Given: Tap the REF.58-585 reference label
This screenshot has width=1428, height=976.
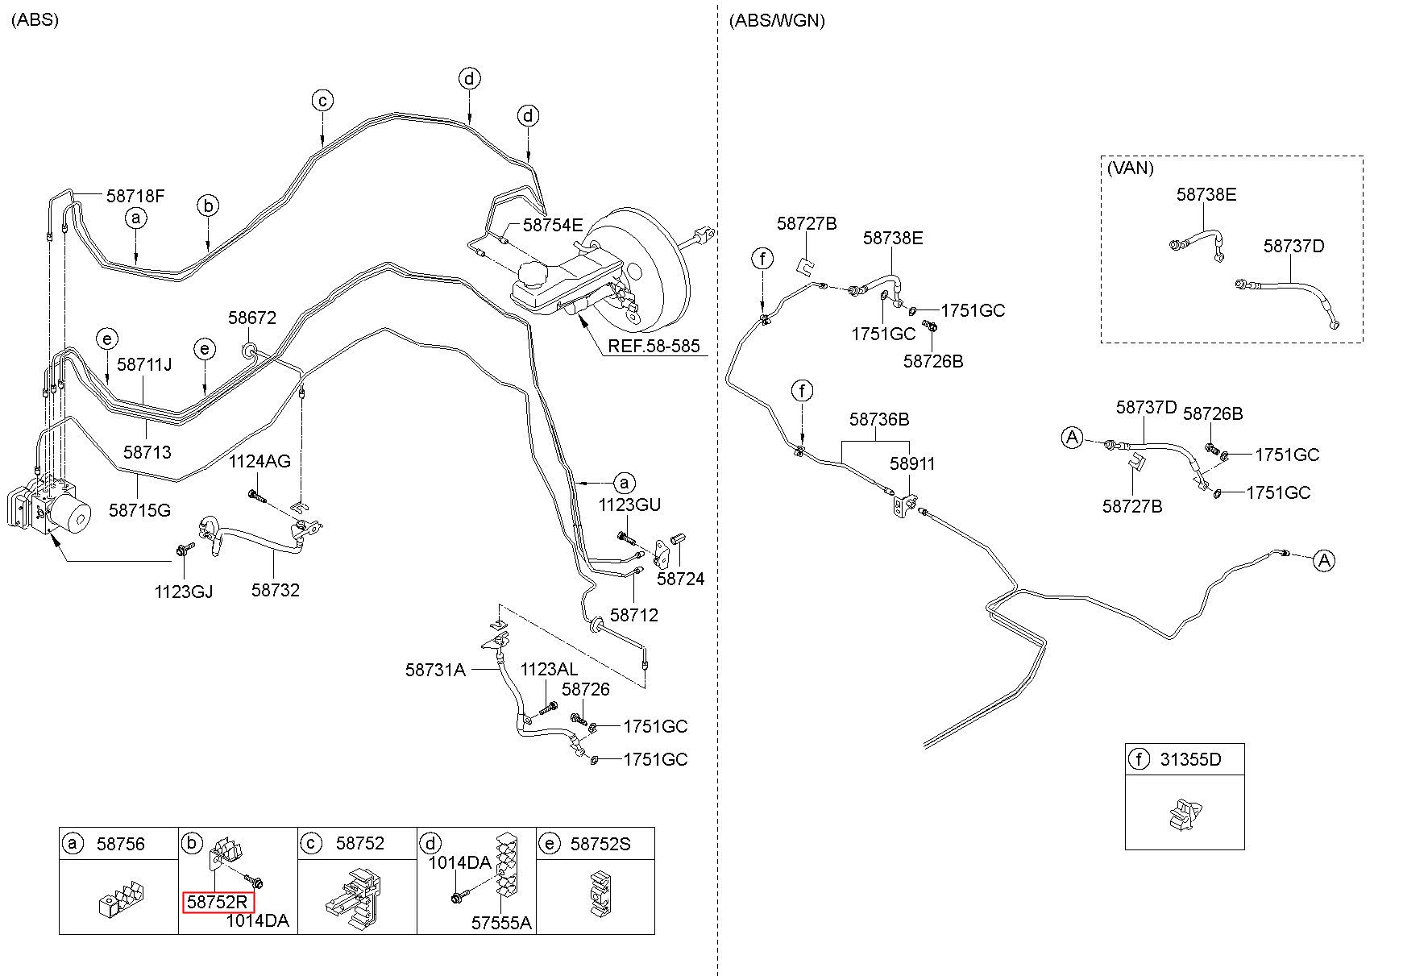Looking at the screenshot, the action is [x=654, y=347].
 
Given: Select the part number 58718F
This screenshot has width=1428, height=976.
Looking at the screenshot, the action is [x=135, y=196].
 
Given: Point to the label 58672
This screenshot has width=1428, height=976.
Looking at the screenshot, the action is [x=251, y=318].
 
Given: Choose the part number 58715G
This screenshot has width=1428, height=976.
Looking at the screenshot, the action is [x=139, y=510].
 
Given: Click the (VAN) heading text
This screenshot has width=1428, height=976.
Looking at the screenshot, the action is [x=1130, y=168].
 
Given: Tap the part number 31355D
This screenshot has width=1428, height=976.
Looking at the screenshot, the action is [x=1190, y=759].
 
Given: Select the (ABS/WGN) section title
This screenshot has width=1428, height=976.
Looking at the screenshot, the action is [x=777, y=21].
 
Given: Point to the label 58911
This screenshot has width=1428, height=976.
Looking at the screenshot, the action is [x=913, y=464].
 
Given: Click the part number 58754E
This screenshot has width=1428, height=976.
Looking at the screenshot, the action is [x=553, y=226].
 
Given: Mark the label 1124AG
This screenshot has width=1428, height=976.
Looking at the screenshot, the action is [x=259, y=462].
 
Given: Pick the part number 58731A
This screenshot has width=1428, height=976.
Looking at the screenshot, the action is [x=435, y=670].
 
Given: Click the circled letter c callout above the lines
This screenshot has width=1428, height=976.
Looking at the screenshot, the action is [x=322, y=101].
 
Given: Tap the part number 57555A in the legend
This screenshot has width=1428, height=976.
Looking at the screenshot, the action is [x=501, y=923].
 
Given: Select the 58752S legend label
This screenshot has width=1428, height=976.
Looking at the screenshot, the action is [x=600, y=844].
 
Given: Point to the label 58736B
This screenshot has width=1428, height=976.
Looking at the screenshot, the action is [x=879, y=420].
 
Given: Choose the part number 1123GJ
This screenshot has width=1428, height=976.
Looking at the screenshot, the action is [x=184, y=592].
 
